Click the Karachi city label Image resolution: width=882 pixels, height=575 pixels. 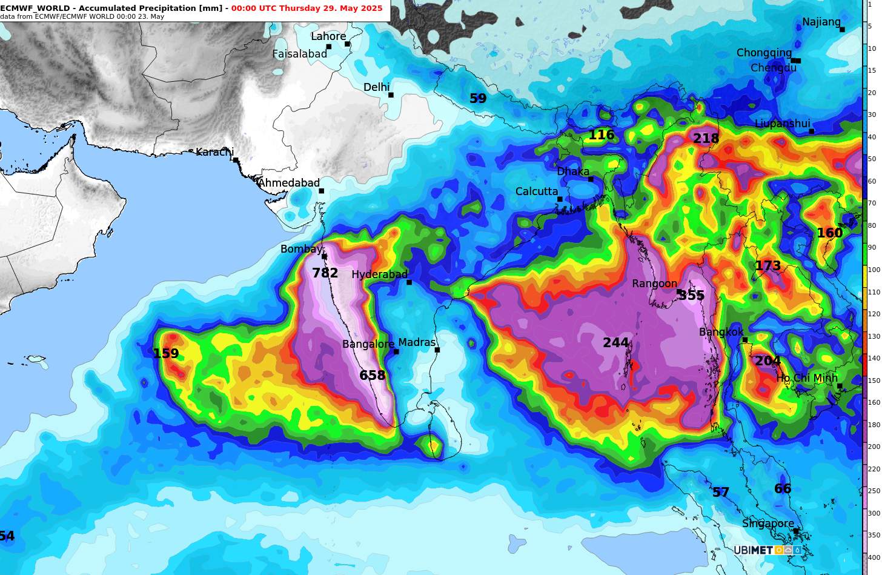(x=214, y=152)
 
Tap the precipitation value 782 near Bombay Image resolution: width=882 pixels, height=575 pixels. (x=325, y=273)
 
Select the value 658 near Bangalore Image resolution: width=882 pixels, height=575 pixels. (x=372, y=376)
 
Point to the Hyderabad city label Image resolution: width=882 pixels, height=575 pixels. (x=379, y=274)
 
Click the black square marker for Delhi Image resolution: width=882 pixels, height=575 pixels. (x=391, y=95)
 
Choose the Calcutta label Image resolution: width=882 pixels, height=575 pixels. (x=536, y=191)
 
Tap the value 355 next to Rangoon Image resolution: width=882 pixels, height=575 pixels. (x=691, y=296)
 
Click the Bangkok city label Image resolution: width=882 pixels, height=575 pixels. (x=721, y=332)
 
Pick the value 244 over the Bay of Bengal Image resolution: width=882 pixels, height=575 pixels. (x=615, y=343)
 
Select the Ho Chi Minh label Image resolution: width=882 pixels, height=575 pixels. (x=806, y=378)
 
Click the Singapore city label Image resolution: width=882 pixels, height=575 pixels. (x=768, y=523)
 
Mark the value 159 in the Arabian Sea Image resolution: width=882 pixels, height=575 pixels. (x=165, y=354)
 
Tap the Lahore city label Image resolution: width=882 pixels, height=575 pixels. (x=328, y=36)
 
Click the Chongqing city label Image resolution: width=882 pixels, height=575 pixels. (x=763, y=53)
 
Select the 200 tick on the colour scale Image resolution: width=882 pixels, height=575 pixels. (x=874, y=447)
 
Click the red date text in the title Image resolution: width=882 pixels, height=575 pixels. (x=307, y=8)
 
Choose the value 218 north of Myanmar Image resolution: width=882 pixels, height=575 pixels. (x=706, y=139)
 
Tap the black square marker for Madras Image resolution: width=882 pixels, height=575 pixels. (x=437, y=350)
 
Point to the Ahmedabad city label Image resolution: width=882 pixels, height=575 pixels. (x=288, y=183)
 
